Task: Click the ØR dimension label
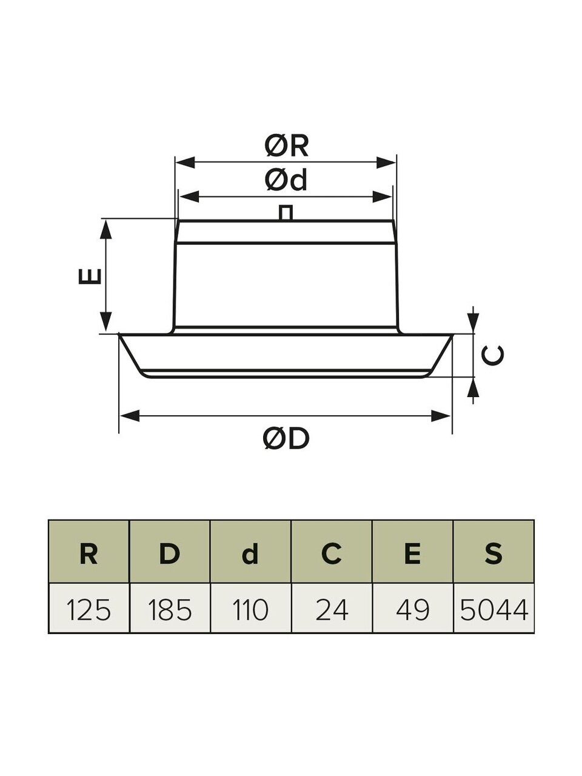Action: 287,145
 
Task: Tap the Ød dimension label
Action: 286,180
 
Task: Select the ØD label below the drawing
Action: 287,438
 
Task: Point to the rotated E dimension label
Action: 90,276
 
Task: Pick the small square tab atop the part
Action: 286,213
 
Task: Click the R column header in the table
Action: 89,553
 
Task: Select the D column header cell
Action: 170,553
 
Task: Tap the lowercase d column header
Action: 250,553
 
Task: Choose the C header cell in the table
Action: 331,553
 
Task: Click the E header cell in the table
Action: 412,553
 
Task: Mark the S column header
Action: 493,553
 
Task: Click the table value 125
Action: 89,609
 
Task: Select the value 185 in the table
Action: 170,609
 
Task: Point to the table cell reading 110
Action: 250,609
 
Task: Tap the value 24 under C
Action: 331,609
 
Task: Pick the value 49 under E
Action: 412,609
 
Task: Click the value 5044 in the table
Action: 493,609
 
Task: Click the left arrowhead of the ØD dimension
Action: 129,415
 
